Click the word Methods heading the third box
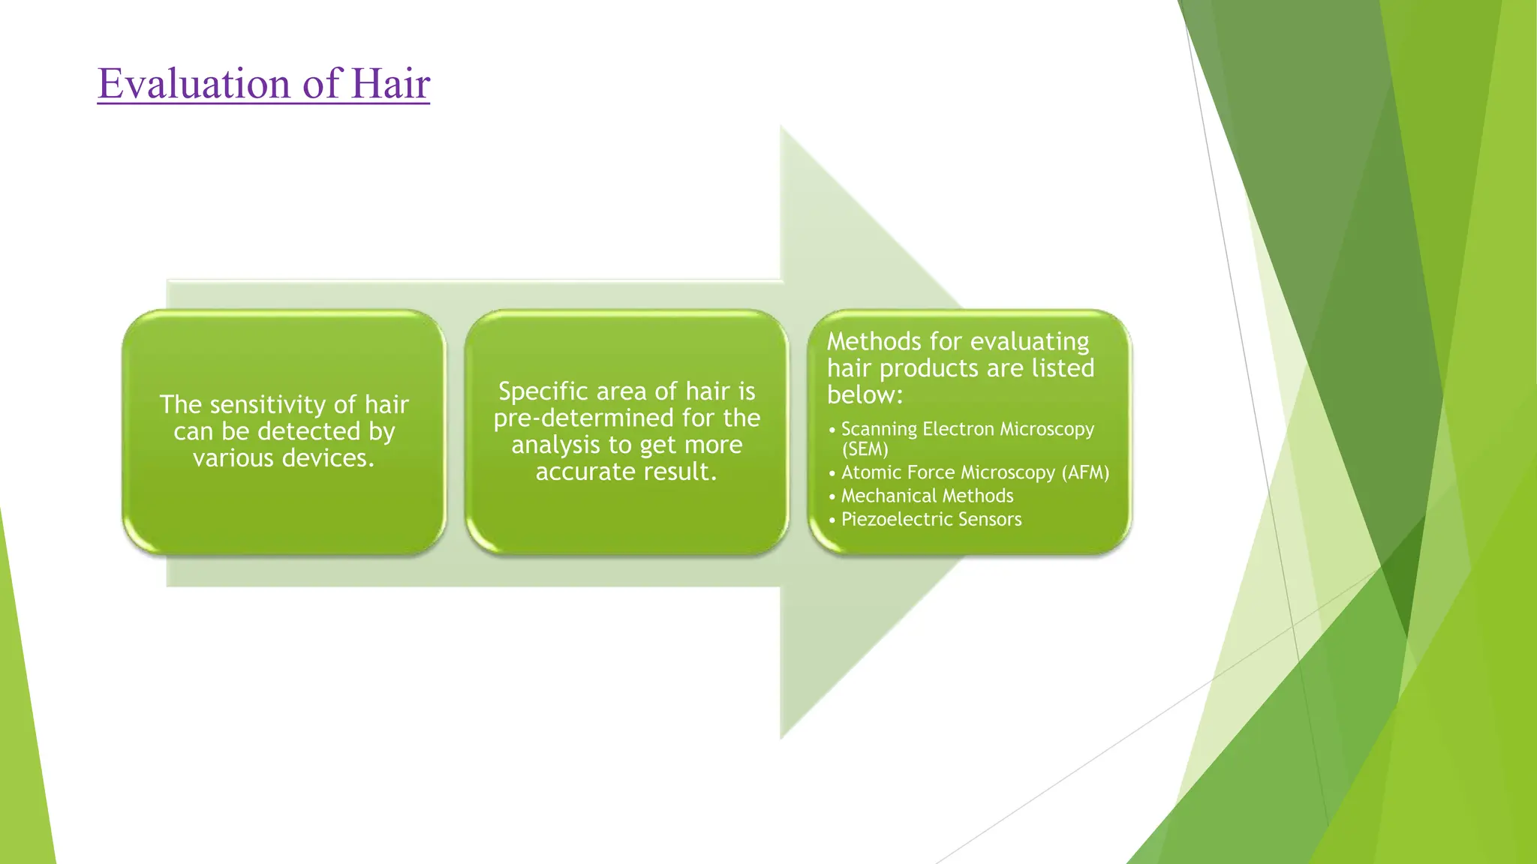[x=874, y=342]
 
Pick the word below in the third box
[x=864, y=395]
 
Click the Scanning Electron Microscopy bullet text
[x=967, y=429]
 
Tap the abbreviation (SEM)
[x=865, y=449]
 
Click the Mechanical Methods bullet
[x=927, y=496]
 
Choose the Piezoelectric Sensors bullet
[x=931, y=519]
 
